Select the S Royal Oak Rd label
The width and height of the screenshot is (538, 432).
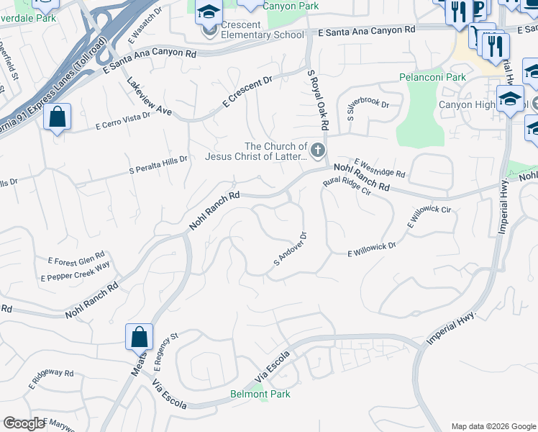point(317,99)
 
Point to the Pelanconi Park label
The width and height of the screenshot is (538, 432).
point(433,77)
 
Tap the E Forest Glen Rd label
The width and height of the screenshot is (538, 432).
point(76,258)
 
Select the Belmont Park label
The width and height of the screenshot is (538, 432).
point(260,394)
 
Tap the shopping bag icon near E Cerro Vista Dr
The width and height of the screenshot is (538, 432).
point(57,117)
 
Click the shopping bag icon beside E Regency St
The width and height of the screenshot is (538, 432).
point(139,337)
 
